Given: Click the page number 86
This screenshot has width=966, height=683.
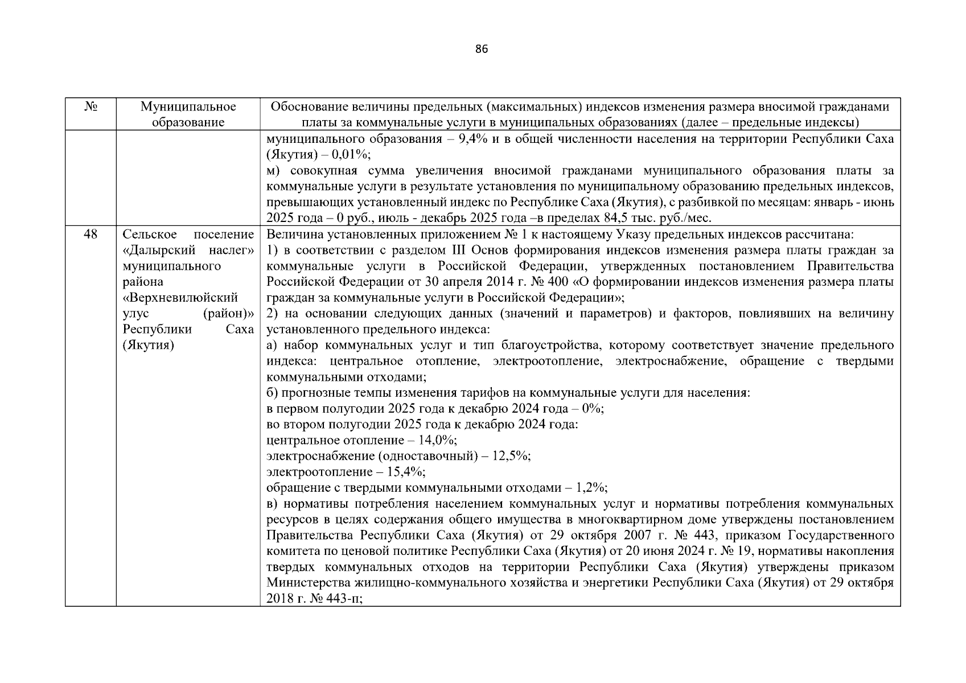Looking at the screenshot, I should point(482,50).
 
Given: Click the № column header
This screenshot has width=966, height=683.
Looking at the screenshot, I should point(91,107).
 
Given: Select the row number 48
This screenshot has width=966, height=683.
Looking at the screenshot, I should point(91,234).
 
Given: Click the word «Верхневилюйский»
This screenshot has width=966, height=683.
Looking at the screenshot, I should point(180,298).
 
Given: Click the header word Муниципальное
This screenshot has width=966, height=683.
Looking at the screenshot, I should point(188,107).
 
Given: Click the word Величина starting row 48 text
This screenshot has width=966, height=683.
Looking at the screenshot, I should point(290,234).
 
